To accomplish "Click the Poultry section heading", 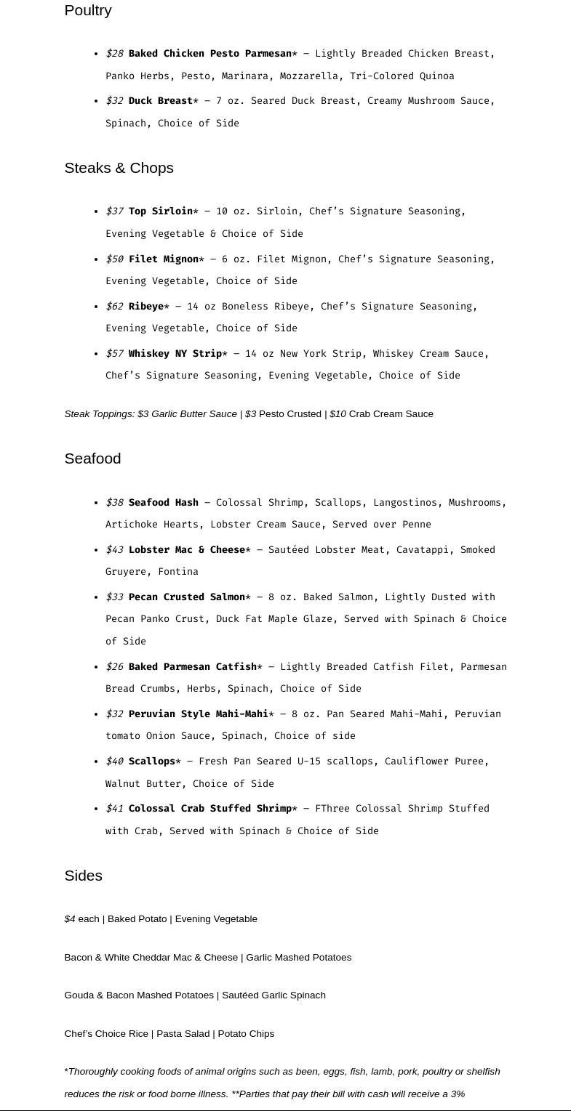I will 87,10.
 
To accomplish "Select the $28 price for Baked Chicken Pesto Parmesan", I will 114,54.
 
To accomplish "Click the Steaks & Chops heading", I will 119,168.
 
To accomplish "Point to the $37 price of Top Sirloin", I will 114,211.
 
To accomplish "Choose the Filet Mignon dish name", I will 163,259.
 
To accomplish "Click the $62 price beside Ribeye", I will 114,307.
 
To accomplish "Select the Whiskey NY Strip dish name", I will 175,354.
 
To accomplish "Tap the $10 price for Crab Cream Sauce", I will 338,414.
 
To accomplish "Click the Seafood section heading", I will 92,458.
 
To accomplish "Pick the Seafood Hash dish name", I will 163,503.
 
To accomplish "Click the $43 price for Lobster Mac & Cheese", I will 114,550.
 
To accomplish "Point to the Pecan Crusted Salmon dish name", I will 186,597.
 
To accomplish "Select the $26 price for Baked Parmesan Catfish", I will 114,667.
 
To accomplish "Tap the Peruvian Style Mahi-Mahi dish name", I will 198,714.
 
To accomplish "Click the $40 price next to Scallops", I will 114,761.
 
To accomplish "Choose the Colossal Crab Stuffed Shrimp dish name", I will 209,809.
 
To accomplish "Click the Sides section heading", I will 83,876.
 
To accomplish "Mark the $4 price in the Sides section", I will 70,919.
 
